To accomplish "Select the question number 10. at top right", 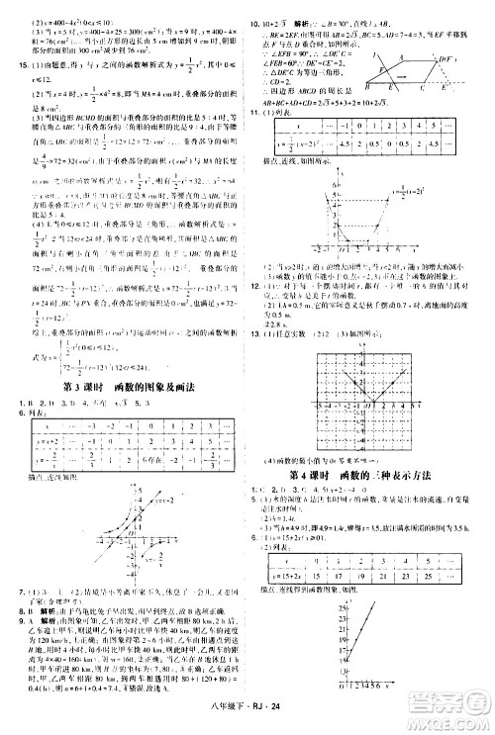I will click(x=255, y=19).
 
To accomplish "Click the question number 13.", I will click(x=255, y=333).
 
